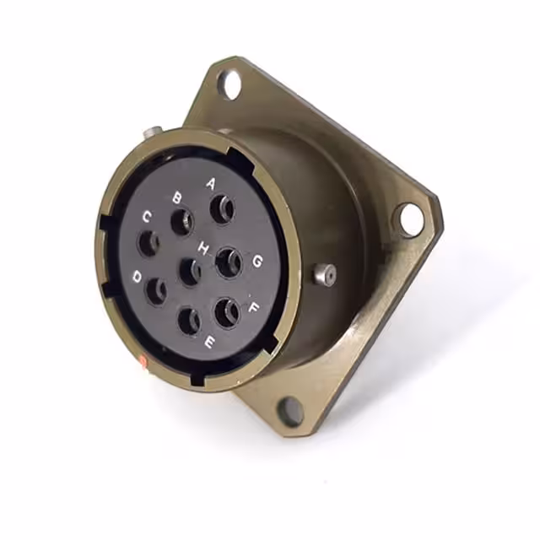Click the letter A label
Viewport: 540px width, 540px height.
coord(211,182)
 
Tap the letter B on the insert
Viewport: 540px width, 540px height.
coord(177,197)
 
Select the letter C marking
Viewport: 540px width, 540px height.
coord(146,218)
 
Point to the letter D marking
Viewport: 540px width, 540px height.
coord(138,276)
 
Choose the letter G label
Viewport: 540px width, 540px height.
coord(256,261)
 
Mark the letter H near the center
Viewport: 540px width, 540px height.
coord(203,248)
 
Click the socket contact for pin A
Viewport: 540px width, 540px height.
coord(223,208)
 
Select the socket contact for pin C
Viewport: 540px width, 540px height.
coord(150,244)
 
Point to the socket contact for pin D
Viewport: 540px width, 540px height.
coord(157,292)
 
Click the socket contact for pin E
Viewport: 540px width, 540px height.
coord(190,321)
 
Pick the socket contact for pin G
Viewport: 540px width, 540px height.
coord(228,262)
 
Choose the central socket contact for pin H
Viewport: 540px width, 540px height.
coord(192,272)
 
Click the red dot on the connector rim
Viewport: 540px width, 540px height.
coord(143,363)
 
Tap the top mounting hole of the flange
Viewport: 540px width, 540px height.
coord(229,83)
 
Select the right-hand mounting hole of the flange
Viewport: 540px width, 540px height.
coord(411,219)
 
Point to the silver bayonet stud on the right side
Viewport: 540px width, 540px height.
coord(324,273)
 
